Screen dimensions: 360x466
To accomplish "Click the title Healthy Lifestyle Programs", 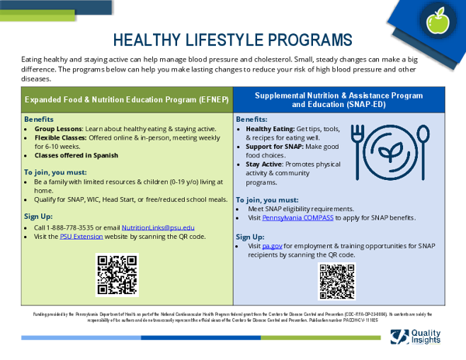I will click(232, 40).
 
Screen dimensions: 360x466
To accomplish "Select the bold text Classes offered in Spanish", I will click(76, 155).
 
